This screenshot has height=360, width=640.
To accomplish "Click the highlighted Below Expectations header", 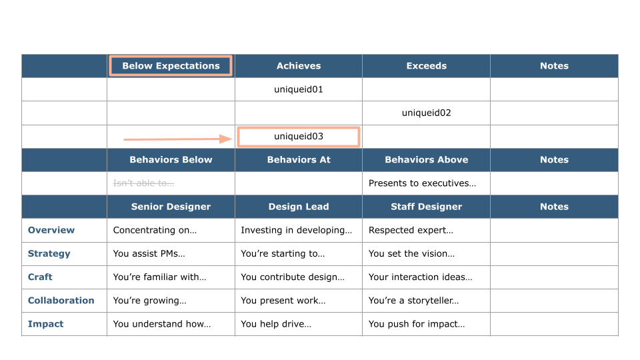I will click(x=171, y=66).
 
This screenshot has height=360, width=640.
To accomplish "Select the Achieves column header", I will click(x=299, y=66).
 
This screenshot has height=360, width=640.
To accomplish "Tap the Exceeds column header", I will click(x=426, y=66).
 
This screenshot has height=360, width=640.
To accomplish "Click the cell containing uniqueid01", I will click(x=299, y=89).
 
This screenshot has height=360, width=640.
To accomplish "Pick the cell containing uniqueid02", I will click(x=426, y=113).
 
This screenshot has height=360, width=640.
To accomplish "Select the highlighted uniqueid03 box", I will click(x=299, y=137).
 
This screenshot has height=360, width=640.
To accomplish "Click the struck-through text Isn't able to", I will click(x=144, y=183).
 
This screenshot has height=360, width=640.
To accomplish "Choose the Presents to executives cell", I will click(x=422, y=183).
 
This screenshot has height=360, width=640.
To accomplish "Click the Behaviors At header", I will click(x=299, y=160).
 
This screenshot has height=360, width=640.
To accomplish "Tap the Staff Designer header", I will click(x=426, y=207).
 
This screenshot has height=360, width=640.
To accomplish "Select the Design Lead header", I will click(x=299, y=207).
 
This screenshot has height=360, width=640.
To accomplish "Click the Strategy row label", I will click(x=49, y=253).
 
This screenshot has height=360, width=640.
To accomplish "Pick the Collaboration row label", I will click(x=61, y=301).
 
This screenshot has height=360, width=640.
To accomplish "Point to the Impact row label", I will click(x=45, y=324).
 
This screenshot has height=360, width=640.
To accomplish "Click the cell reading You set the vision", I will click(x=411, y=253).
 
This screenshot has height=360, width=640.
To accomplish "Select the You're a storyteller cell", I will click(x=413, y=301).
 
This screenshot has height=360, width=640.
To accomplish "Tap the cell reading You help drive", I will click(x=276, y=324).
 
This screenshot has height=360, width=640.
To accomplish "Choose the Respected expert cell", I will click(x=411, y=230).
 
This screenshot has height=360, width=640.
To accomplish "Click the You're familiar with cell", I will click(x=159, y=277).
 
